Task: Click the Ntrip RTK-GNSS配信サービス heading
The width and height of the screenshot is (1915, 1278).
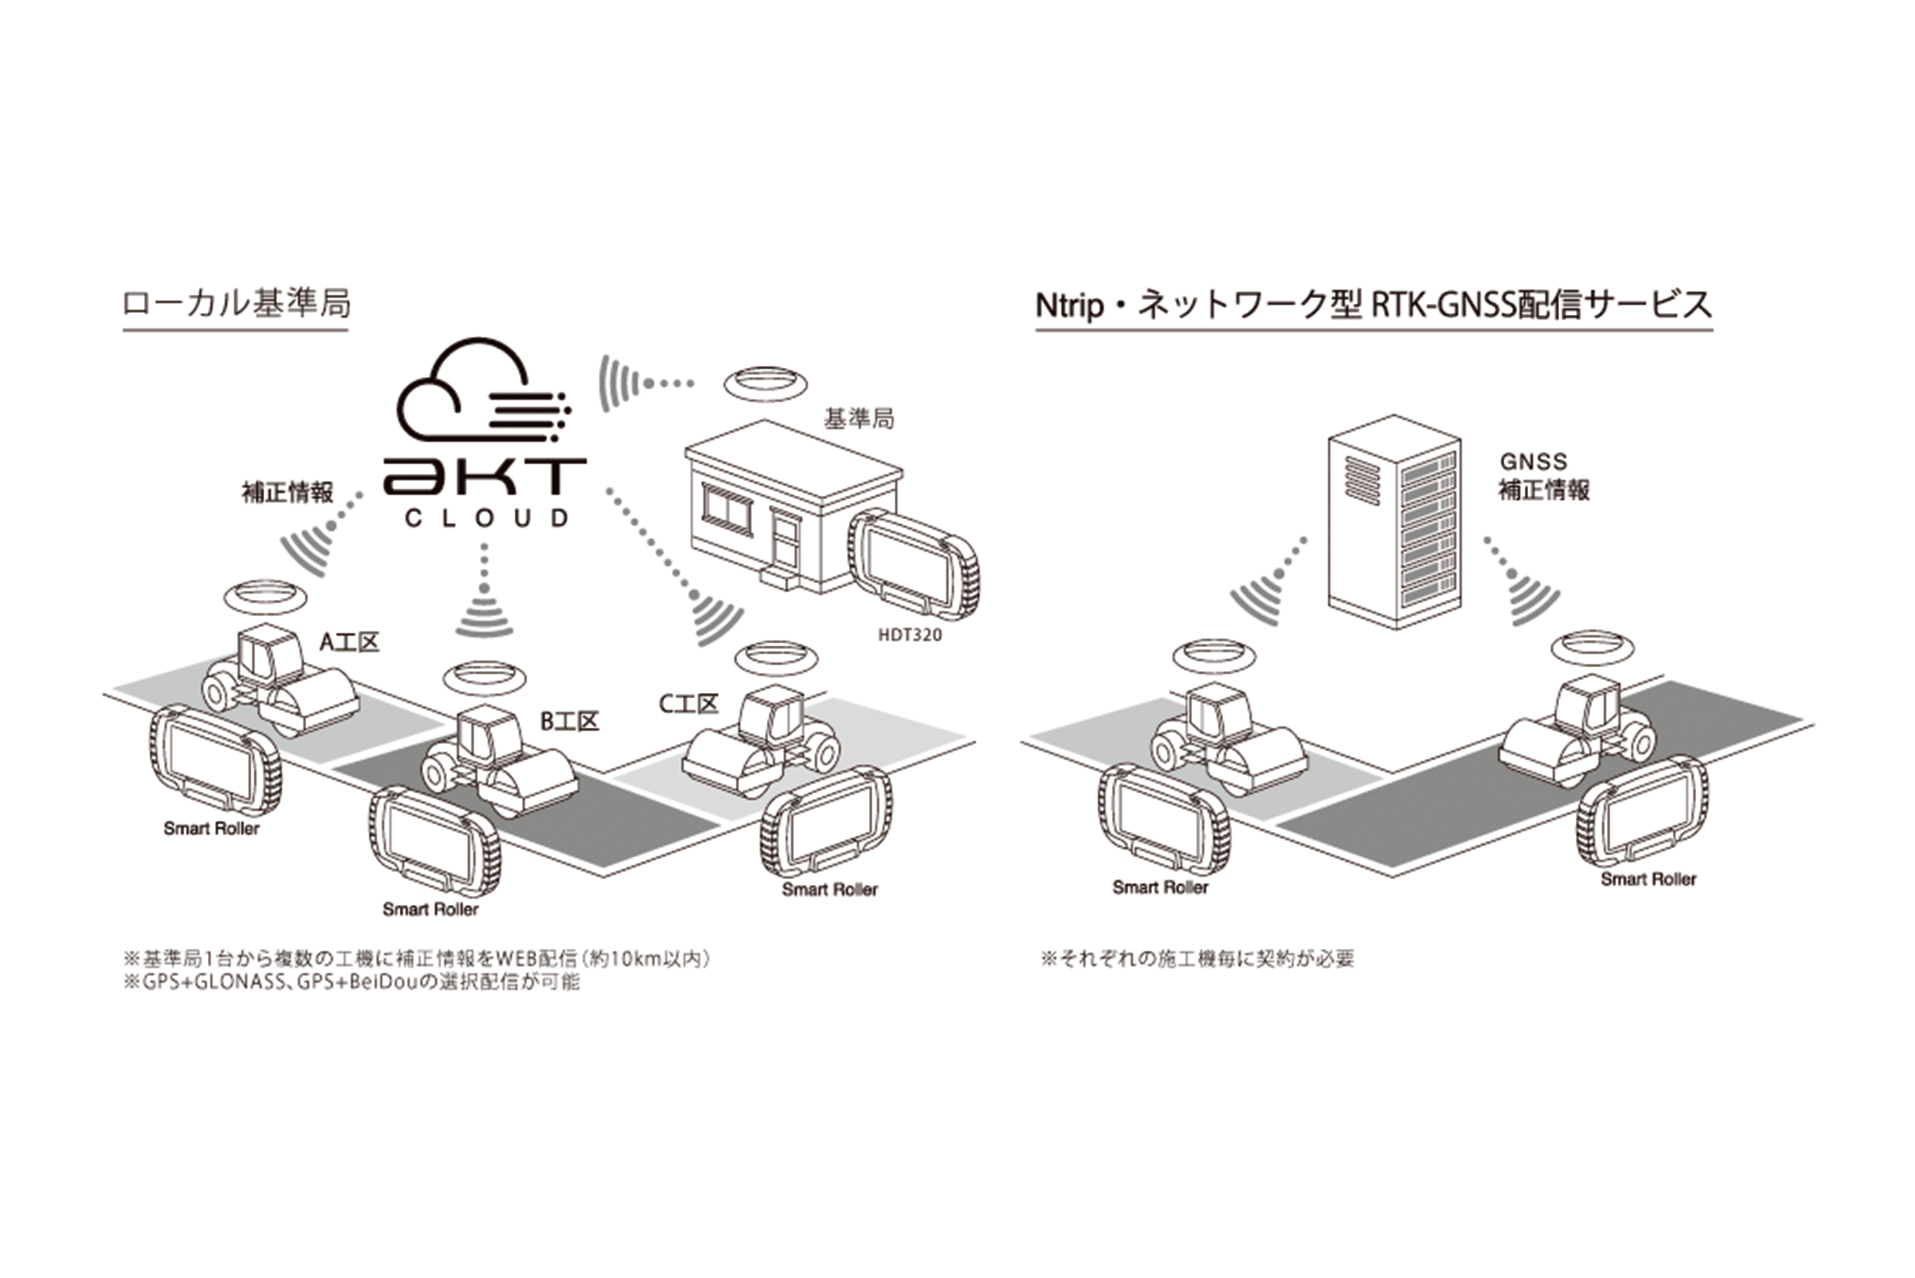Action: point(1374,306)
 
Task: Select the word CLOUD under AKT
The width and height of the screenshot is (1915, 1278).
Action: point(486,518)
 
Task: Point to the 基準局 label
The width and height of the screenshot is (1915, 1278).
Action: point(858,419)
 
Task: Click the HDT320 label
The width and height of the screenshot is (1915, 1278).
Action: point(910,635)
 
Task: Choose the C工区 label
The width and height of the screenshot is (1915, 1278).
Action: point(688,704)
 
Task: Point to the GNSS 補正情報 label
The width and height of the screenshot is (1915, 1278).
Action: point(1543,476)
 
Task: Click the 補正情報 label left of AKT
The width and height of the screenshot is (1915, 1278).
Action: point(288,492)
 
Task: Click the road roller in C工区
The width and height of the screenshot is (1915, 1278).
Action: point(762,740)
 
